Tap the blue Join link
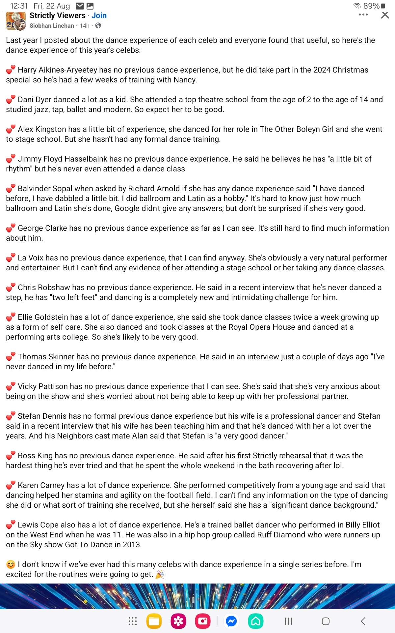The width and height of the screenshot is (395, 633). click(99, 15)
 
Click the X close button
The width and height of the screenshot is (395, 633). click(385, 15)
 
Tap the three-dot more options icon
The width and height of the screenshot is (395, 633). click(363, 15)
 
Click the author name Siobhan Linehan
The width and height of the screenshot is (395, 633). click(52, 26)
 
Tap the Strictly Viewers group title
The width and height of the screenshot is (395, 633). click(58, 15)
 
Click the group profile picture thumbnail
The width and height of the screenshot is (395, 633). click(15, 21)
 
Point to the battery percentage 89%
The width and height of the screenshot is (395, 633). click(371, 6)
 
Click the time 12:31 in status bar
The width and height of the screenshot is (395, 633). click(19, 6)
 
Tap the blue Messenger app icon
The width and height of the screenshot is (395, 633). click(231, 621)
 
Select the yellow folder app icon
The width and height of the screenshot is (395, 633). click(154, 621)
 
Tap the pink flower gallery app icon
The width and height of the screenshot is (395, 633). click(178, 621)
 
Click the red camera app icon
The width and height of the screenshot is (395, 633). click(203, 621)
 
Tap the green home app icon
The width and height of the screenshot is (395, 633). click(256, 621)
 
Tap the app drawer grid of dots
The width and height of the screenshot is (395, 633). click(132, 621)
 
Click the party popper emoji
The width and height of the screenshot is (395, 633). click(160, 574)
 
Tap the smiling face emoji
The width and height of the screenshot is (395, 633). click(11, 565)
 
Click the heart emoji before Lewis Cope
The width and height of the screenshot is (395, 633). click(11, 525)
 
